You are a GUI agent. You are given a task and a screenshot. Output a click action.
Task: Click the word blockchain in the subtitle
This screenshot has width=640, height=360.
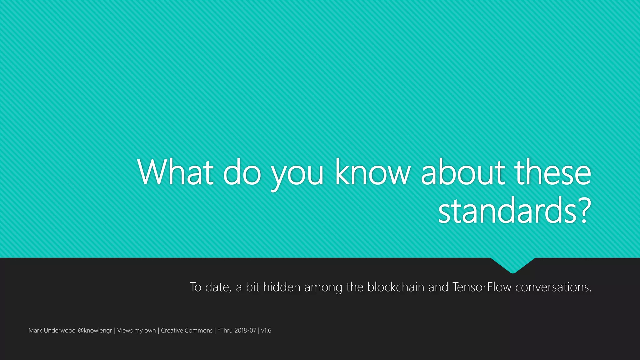tap(396, 287)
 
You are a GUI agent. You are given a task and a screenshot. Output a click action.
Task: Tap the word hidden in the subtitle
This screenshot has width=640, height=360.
tap(282, 287)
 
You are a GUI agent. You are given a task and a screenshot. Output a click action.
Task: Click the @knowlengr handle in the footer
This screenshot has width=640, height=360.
tap(95, 331)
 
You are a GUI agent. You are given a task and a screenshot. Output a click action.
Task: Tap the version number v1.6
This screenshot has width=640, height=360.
tap(266, 330)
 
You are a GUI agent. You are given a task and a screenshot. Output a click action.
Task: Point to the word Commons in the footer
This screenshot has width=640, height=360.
tap(198, 330)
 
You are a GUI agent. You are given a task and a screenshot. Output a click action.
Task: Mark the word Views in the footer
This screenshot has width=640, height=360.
tap(125, 330)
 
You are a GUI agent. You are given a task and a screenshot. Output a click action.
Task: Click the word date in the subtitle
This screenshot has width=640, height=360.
tap(218, 287)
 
